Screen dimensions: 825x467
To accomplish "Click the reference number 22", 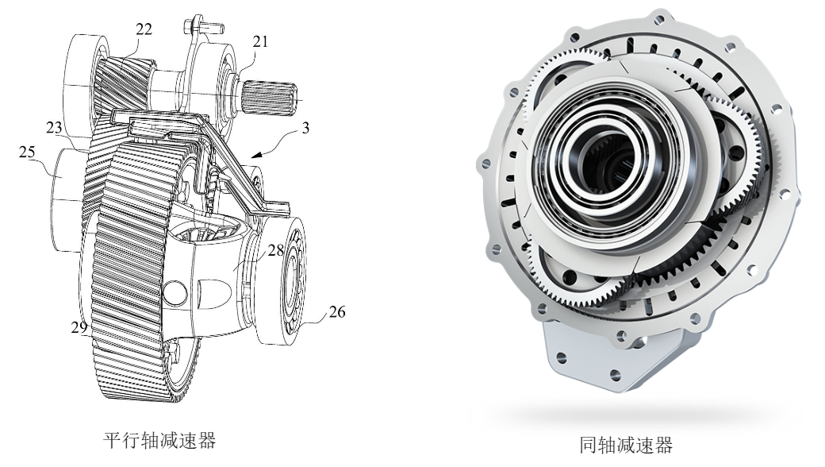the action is point(144,29).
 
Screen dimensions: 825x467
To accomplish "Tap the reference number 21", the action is point(260,41).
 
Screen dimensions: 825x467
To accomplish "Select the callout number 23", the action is point(54,127).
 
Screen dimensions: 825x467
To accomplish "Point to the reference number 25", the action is point(27,152).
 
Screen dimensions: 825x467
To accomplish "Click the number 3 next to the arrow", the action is point(305,128).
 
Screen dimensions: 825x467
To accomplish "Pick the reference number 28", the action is point(276,250).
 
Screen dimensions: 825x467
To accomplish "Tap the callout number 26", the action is point(336,312).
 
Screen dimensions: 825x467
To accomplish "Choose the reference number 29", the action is point(79,327).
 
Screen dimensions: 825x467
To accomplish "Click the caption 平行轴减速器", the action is point(159,440).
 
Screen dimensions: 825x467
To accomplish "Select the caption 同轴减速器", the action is point(626,445).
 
